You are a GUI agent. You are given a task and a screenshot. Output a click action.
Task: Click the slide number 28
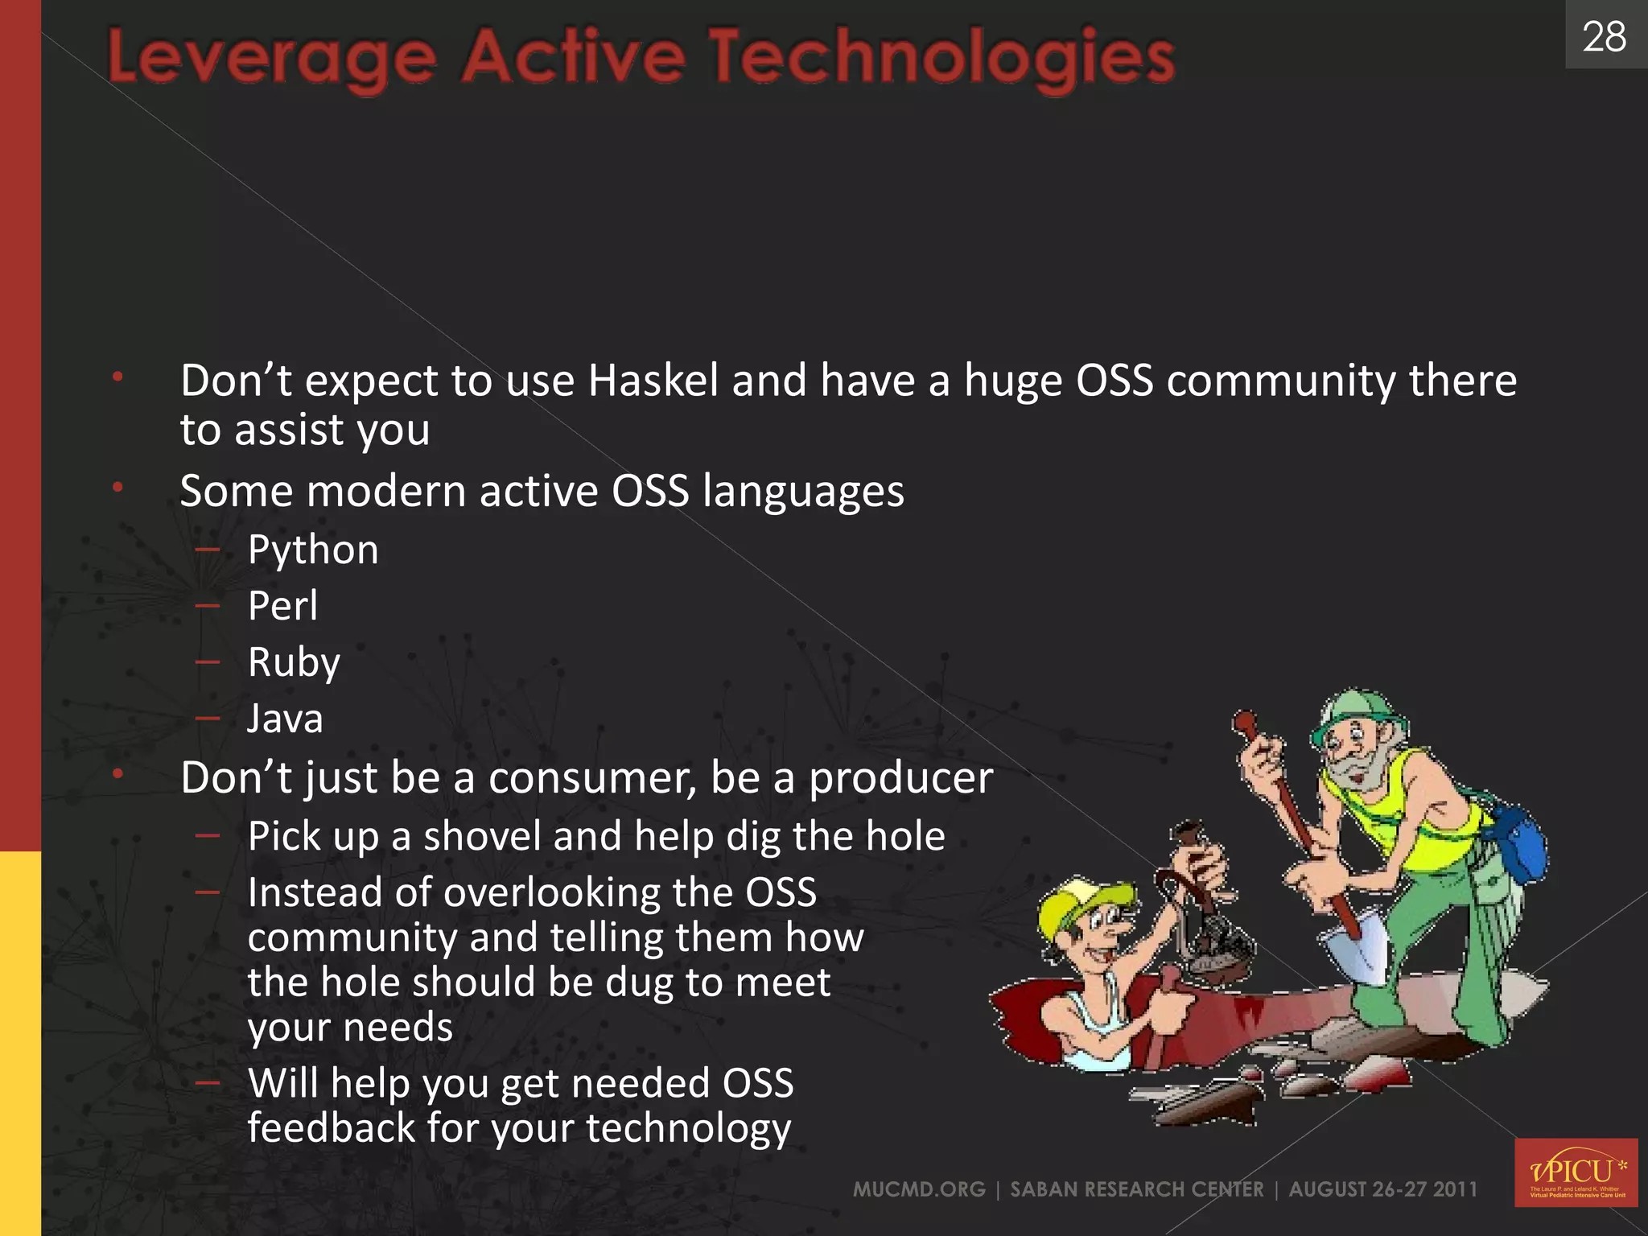point(1604,37)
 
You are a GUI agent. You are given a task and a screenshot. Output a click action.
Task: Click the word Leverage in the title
point(272,58)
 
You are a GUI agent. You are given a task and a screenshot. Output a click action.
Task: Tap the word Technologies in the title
point(941,58)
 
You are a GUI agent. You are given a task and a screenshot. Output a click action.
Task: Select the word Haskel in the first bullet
point(653,381)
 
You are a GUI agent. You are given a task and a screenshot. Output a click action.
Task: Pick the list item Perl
point(282,606)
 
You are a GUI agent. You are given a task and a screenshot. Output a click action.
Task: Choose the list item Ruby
point(294,663)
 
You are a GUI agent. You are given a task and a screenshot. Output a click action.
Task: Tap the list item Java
point(285,719)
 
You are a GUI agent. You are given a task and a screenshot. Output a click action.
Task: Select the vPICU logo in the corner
point(1576,1172)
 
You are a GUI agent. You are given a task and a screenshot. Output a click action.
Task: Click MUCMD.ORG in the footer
point(919,1189)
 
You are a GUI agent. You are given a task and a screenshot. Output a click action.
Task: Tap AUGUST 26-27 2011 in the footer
point(1382,1189)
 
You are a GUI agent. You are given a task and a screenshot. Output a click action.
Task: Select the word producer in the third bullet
point(900,779)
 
